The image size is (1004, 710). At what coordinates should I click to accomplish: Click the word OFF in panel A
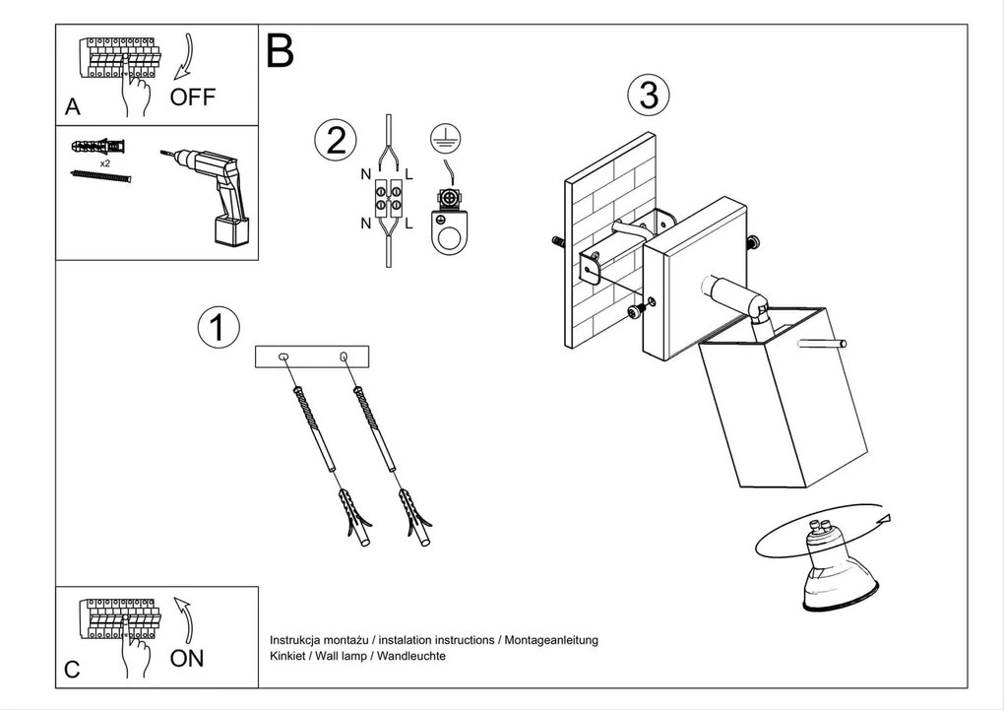point(192,97)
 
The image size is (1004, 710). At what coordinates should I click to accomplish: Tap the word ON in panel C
point(187,659)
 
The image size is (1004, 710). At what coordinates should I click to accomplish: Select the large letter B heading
point(281,51)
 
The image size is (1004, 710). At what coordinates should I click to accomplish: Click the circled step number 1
point(218,327)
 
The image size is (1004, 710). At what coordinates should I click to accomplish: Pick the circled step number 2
point(335,141)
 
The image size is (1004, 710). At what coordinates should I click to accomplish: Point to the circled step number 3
point(648,96)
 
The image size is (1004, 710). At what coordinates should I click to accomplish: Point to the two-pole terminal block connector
point(388,199)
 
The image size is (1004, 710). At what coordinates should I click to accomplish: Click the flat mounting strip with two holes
point(311,356)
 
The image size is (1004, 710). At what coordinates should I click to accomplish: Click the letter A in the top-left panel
point(72,107)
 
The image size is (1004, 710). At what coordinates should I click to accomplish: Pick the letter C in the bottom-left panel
point(71,670)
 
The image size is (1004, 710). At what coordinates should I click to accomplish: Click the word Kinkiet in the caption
point(287,655)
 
